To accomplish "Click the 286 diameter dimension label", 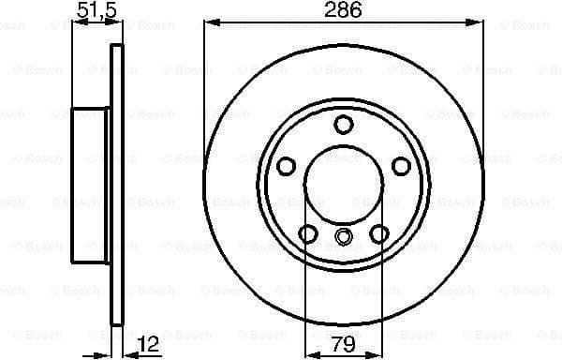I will tap(344, 11).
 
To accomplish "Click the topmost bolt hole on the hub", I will tap(344, 124).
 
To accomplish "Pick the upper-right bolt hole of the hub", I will tap(401, 166).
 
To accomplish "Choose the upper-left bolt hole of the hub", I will tap(287, 166).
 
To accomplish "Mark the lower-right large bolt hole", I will tap(379, 233).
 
